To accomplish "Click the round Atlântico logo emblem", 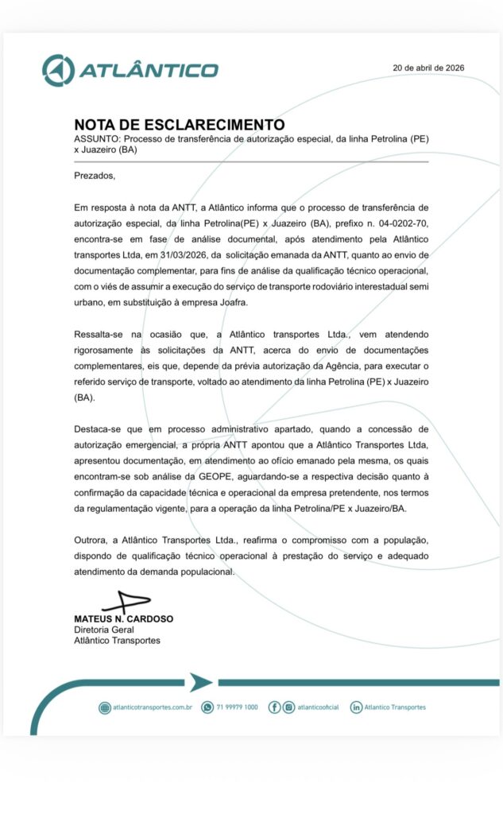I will click(x=57, y=71).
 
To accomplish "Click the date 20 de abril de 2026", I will click(x=428, y=68).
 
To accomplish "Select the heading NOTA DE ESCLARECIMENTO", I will click(x=179, y=124).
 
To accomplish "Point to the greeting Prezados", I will click(x=95, y=175).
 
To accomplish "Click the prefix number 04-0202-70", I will click(x=396, y=225).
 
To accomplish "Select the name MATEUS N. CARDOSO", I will click(x=123, y=618).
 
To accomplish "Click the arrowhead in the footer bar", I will click(x=200, y=682).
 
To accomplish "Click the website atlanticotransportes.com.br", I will click(x=153, y=707).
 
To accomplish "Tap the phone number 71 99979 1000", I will click(x=237, y=707).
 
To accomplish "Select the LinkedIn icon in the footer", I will click(x=356, y=707).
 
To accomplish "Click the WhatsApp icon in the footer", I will click(x=208, y=707).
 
